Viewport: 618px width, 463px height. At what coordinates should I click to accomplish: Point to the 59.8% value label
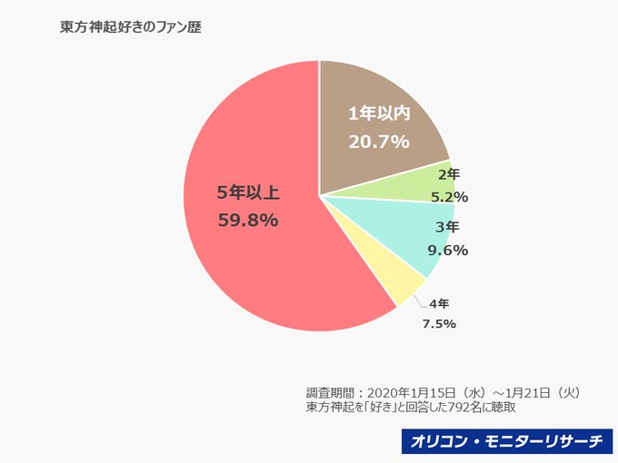point(247,220)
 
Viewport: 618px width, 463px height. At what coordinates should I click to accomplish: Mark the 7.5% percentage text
point(439,324)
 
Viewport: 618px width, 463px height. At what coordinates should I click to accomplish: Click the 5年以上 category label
point(247,192)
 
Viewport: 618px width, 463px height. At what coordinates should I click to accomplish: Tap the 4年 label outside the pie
point(439,302)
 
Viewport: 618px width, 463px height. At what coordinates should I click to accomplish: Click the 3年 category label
point(447,227)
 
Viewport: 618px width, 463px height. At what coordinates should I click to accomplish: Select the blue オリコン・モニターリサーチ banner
point(505,442)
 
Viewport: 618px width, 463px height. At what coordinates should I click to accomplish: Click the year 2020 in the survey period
point(383,392)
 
